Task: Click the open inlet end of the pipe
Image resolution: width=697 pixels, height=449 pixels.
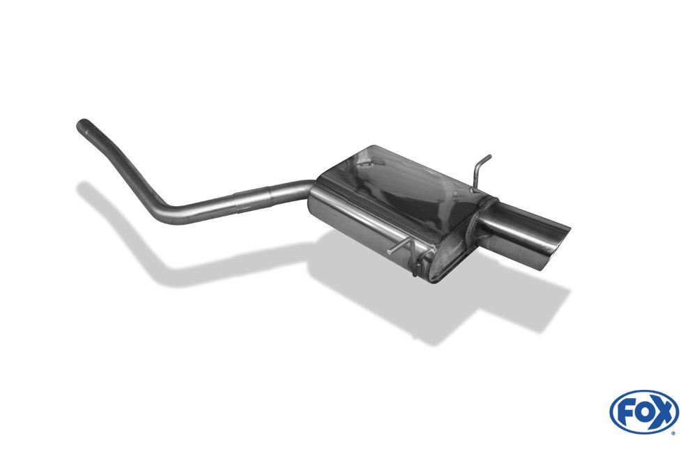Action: click(79, 125)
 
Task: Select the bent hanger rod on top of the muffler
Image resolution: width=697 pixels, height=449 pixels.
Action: click(480, 170)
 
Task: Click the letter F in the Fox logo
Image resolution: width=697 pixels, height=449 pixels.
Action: click(625, 413)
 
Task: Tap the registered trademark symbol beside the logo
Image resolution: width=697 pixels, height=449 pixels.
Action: click(673, 433)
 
